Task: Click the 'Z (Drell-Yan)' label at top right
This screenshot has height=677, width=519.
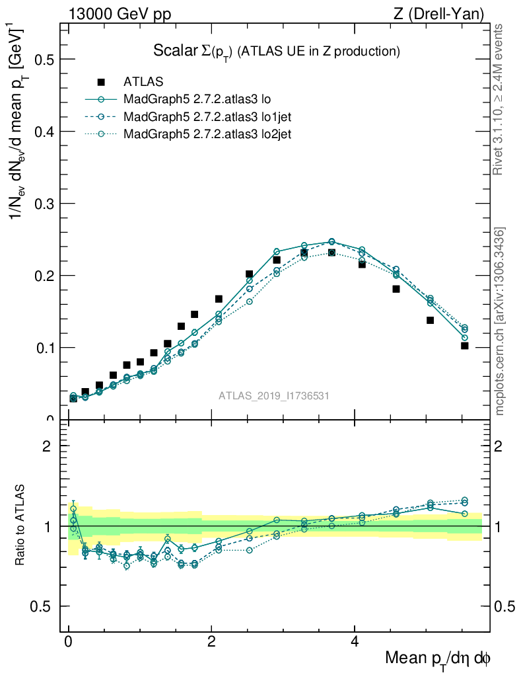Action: click(438, 13)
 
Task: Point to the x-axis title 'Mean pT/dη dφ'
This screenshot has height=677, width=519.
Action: click(438, 658)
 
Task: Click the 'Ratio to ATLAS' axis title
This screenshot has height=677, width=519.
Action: click(20, 526)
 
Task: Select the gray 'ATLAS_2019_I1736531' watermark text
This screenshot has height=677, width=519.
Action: click(274, 396)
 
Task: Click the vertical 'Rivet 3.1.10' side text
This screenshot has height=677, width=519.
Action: click(499, 99)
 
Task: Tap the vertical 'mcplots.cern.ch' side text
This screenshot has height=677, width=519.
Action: click(499, 321)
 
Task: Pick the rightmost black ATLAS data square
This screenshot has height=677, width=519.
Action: click(465, 346)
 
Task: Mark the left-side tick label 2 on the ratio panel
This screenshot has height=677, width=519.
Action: click(47, 446)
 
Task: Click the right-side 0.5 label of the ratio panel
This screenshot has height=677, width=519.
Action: click(506, 607)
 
